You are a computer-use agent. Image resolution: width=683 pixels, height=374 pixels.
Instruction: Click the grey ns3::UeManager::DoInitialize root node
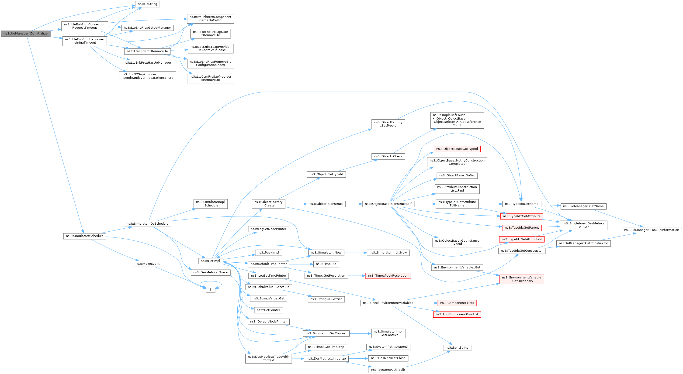[x=25, y=34]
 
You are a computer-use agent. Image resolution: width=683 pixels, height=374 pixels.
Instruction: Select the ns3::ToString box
[x=147, y=4]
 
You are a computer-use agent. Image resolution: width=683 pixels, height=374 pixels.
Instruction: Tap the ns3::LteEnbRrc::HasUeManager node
[x=147, y=63]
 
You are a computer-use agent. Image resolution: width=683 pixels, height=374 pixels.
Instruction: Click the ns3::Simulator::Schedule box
[x=85, y=236]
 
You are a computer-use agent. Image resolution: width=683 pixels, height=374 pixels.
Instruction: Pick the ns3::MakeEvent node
[x=147, y=264]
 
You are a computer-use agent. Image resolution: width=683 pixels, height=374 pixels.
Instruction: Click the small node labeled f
[x=211, y=289]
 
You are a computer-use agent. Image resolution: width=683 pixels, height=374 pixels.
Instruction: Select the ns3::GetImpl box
[x=210, y=261]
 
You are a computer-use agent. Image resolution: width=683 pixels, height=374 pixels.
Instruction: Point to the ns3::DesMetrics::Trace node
[x=210, y=272]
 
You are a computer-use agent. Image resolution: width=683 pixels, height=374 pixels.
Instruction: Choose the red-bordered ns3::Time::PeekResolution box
[x=388, y=276]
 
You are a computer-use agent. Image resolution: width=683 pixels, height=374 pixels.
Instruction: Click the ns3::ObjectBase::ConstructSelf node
[x=388, y=204]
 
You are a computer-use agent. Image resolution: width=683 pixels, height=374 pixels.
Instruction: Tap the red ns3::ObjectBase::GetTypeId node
[x=457, y=149]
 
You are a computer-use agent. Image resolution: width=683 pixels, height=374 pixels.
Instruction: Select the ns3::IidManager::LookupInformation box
[x=652, y=230]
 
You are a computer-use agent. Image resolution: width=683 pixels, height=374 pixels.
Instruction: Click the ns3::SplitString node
[x=457, y=347]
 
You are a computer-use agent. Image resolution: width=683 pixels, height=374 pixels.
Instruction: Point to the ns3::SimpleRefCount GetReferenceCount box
[x=457, y=120]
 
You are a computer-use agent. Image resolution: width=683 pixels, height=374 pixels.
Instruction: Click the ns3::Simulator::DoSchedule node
[x=147, y=223]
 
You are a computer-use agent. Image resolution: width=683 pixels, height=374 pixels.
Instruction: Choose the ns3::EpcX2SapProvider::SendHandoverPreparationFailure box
[x=147, y=76]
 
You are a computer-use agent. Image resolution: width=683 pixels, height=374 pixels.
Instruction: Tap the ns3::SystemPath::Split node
[x=388, y=370]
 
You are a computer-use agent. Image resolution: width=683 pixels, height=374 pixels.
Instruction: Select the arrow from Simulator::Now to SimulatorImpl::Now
[x=355, y=253]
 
